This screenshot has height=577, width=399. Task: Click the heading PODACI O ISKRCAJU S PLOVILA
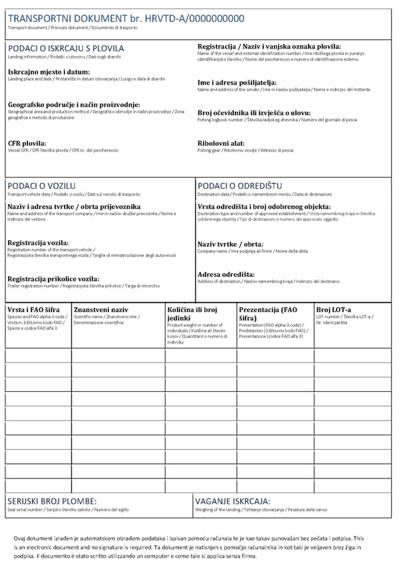(66, 49)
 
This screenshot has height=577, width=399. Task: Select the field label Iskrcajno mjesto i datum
(49, 71)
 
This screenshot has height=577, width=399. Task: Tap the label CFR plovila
(27, 143)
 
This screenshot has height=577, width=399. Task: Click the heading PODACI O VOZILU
(41, 184)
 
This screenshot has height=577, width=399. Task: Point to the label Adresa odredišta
(226, 274)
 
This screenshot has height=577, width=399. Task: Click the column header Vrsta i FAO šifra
(34, 310)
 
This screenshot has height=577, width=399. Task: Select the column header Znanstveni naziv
(100, 310)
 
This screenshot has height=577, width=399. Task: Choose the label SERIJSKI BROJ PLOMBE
(52, 501)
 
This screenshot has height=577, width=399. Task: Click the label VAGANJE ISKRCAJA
(232, 501)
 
